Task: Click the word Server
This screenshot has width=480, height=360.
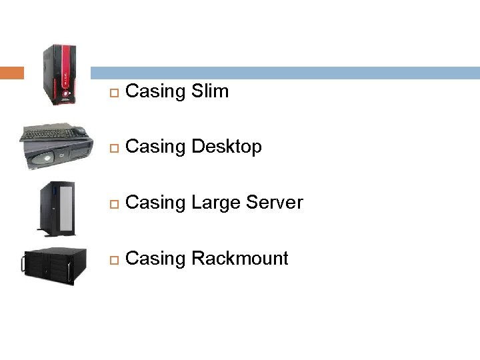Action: (x=276, y=203)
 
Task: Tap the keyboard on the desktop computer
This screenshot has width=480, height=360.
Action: (x=50, y=133)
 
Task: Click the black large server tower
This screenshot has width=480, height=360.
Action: (x=58, y=208)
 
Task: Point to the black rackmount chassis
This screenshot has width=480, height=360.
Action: (x=55, y=265)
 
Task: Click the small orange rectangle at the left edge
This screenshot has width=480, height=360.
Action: (x=12, y=73)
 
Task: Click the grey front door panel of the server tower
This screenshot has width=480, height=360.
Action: (x=66, y=206)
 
